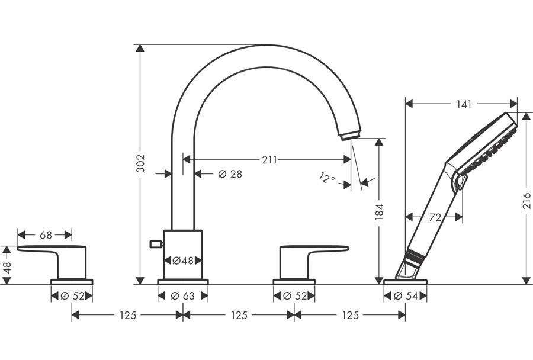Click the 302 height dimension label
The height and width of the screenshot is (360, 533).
(141, 163)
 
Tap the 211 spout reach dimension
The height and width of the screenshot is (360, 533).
(269, 159)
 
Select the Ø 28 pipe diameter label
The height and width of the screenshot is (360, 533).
(230, 174)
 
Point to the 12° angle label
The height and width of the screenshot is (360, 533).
(327, 178)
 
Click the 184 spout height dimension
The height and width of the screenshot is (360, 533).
(379, 212)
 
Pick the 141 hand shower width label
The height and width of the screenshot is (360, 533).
(464, 104)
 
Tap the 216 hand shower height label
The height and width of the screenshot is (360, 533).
(526, 201)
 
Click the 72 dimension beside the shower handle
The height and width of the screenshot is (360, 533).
(435, 217)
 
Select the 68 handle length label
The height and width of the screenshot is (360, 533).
(46, 235)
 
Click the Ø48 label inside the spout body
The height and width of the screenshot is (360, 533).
(183, 261)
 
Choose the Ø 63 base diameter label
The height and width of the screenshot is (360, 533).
(183, 296)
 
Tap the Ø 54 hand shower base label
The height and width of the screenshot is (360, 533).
(406, 296)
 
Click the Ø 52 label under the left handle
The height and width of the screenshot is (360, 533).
(72, 296)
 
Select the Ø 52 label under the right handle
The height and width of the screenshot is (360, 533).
(294, 296)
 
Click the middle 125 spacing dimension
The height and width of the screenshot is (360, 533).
(239, 316)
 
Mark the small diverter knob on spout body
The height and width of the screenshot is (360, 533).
(156, 243)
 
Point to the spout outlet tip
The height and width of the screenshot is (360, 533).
(350, 136)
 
